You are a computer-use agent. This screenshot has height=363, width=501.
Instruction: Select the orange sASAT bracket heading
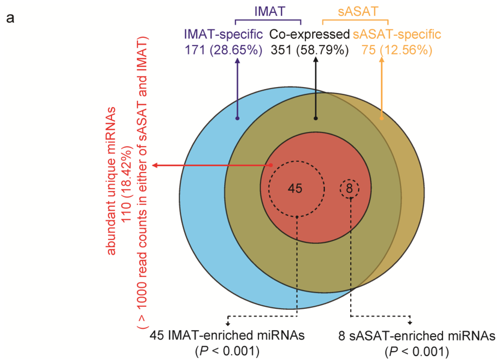(355, 10)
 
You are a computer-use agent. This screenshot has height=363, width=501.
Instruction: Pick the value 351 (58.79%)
(309, 49)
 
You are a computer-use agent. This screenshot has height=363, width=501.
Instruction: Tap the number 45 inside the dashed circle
(295, 188)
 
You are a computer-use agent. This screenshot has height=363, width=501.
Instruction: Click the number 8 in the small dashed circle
(349, 188)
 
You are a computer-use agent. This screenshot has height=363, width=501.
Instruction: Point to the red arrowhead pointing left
(155, 165)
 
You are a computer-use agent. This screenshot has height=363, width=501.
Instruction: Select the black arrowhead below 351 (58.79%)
(316, 61)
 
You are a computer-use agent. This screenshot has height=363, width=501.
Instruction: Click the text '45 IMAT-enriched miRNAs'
(227, 336)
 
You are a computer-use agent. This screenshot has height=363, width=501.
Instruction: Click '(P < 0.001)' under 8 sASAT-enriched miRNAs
(416, 351)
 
